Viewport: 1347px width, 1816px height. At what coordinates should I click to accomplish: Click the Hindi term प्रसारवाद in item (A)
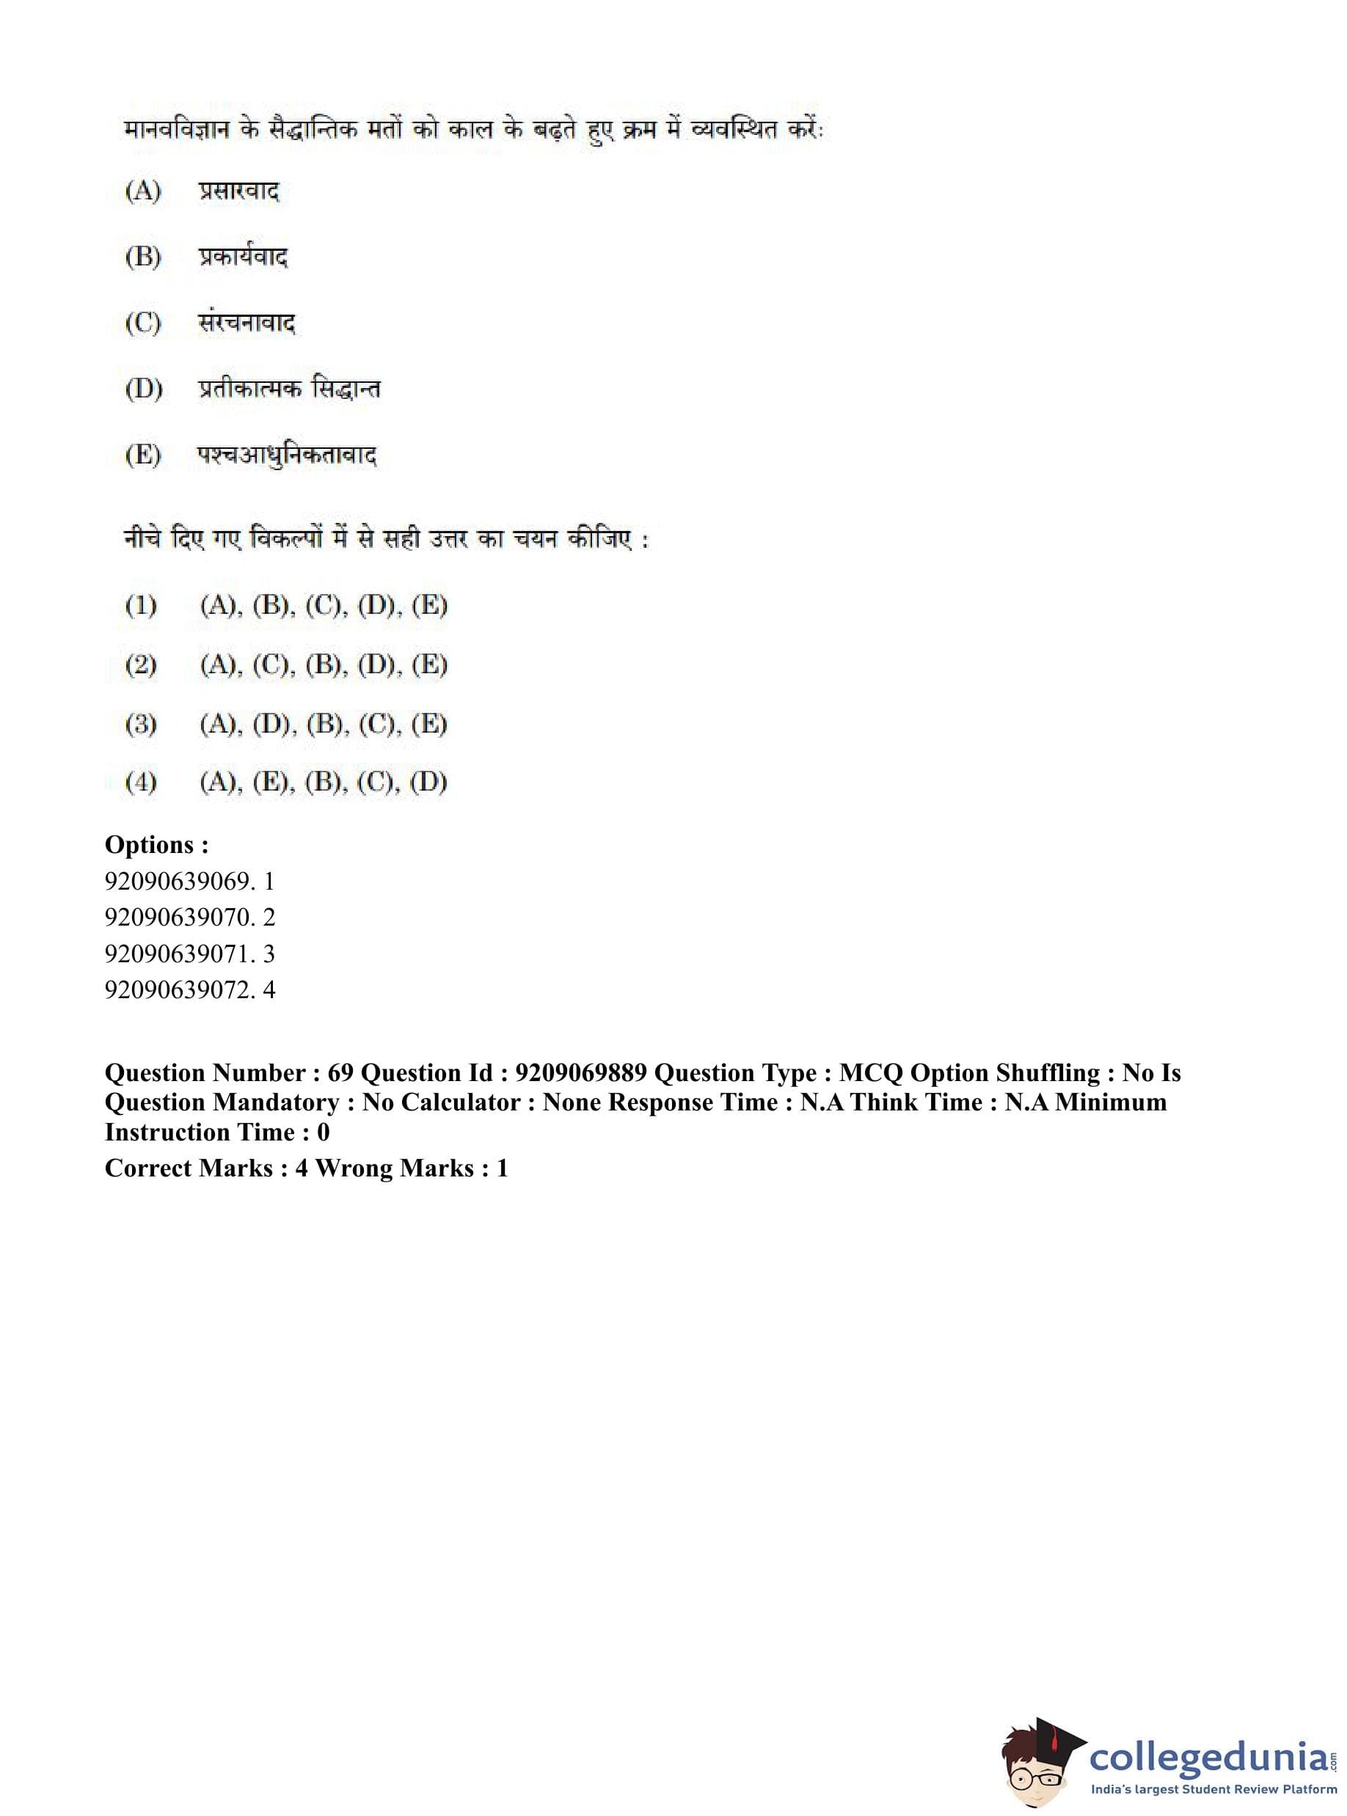pos(238,192)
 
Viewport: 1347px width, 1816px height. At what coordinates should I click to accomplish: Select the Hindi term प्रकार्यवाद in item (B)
pos(243,257)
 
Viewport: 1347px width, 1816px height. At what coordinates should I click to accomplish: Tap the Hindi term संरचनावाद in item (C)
pos(247,323)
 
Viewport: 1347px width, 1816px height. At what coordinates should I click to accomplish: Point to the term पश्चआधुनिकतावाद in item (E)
pos(287,455)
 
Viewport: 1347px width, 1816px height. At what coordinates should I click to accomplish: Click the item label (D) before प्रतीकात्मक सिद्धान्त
pos(144,389)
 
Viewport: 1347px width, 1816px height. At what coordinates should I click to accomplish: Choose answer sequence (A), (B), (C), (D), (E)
pos(324,606)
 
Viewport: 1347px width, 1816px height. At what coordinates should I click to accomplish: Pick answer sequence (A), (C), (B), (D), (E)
pos(324,665)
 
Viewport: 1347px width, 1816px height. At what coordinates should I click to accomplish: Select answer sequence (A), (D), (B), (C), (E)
pos(324,724)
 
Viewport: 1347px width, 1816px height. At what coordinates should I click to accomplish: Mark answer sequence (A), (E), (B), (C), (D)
pos(324,783)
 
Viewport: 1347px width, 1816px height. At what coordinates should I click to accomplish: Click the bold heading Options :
pos(156,844)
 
